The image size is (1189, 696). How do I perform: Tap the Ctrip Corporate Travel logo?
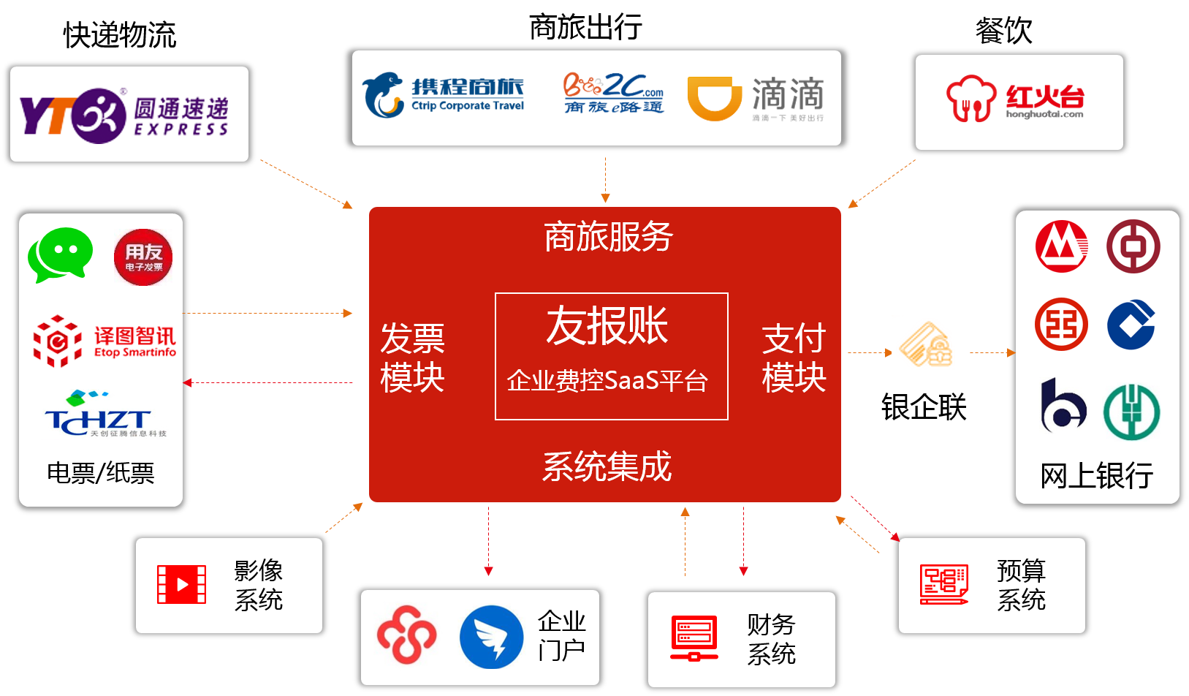click(x=444, y=96)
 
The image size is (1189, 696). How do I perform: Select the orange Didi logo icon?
click(x=714, y=98)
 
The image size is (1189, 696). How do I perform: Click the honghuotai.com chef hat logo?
click(x=971, y=99)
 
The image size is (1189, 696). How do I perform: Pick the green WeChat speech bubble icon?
click(x=60, y=254)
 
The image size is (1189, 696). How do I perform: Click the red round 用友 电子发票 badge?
click(x=143, y=257)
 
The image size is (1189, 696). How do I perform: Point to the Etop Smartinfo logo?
click(x=105, y=341)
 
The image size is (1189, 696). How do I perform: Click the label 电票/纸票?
click(x=101, y=473)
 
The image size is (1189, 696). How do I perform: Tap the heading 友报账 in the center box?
click(x=607, y=325)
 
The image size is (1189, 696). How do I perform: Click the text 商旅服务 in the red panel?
click(x=608, y=237)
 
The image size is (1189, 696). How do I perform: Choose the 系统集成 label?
click(x=607, y=466)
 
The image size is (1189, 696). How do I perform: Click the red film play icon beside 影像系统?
click(x=181, y=585)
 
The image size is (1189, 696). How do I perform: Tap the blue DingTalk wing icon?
click(x=491, y=637)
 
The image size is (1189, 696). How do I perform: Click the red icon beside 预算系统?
click(x=944, y=585)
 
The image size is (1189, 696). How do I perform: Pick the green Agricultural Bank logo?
click(x=1131, y=412)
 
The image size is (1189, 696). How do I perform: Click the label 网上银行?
click(x=1096, y=476)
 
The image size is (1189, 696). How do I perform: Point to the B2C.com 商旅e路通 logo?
click(x=613, y=94)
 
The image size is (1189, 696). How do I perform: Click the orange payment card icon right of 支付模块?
click(x=924, y=345)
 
